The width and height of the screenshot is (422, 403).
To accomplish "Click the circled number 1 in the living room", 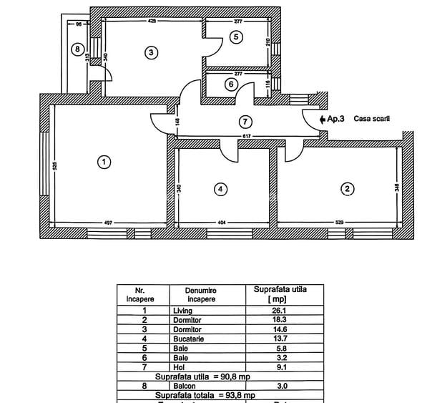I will click(x=104, y=162).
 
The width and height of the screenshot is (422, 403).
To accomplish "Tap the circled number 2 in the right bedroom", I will click(x=347, y=189).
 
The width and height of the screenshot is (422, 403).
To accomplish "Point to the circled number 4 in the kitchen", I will click(x=221, y=189).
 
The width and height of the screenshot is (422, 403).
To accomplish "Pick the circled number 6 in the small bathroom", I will click(x=230, y=84).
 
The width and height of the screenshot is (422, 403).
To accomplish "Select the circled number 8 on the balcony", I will click(x=78, y=49).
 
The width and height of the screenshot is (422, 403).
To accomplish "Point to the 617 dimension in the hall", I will click(x=246, y=136).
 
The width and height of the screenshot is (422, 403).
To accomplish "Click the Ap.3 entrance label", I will click(x=335, y=120).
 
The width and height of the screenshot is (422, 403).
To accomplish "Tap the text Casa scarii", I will click(x=377, y=120).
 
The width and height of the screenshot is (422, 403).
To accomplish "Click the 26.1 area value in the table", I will click(x=280, y=311).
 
